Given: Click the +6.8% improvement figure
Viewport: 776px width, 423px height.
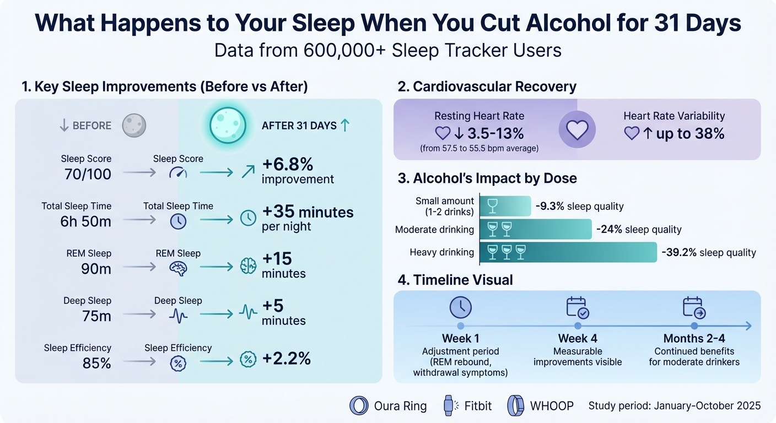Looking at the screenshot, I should pos(288,165).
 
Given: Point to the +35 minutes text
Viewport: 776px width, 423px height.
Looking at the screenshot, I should pos(308,212).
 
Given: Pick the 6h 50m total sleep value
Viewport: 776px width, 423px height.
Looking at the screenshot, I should pos(86,221).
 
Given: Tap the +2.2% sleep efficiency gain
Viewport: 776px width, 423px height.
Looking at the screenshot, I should pos(287,359).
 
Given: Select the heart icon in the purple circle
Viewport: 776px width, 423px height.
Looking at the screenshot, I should pos(577,129).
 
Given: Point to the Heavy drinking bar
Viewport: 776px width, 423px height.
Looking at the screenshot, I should pos(568,252).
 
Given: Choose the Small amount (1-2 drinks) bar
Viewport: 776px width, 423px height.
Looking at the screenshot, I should pos(505,206).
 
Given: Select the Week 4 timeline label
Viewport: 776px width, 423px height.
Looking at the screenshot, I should pos(577,338).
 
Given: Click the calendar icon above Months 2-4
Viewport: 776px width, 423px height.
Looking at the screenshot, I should pos(694,307).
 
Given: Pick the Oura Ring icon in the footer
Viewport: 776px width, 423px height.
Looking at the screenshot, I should pos(359,406).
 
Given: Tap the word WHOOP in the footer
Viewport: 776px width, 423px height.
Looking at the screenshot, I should pos(551,406).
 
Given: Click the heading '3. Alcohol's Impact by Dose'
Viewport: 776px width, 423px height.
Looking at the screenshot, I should pos(487,178).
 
